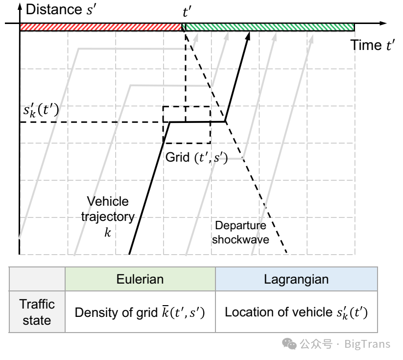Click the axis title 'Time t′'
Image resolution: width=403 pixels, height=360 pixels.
(372, 46)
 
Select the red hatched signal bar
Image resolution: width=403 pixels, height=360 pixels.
(100, 27)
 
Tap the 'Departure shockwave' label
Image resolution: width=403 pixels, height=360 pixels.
(241, 233)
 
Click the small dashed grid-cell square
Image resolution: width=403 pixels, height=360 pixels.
(187, 124)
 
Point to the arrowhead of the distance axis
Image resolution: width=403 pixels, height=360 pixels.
(19, 6)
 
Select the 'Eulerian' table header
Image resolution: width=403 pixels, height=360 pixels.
(140, 279)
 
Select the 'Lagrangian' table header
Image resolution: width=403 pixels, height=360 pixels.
(296, 279)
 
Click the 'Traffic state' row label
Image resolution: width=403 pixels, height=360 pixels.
(37, 312)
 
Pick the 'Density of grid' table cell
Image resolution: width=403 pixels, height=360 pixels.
(140, 312)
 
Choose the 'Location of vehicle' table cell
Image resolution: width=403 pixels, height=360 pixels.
(296, 312)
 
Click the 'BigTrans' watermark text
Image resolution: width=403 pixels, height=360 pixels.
(367, 344)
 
